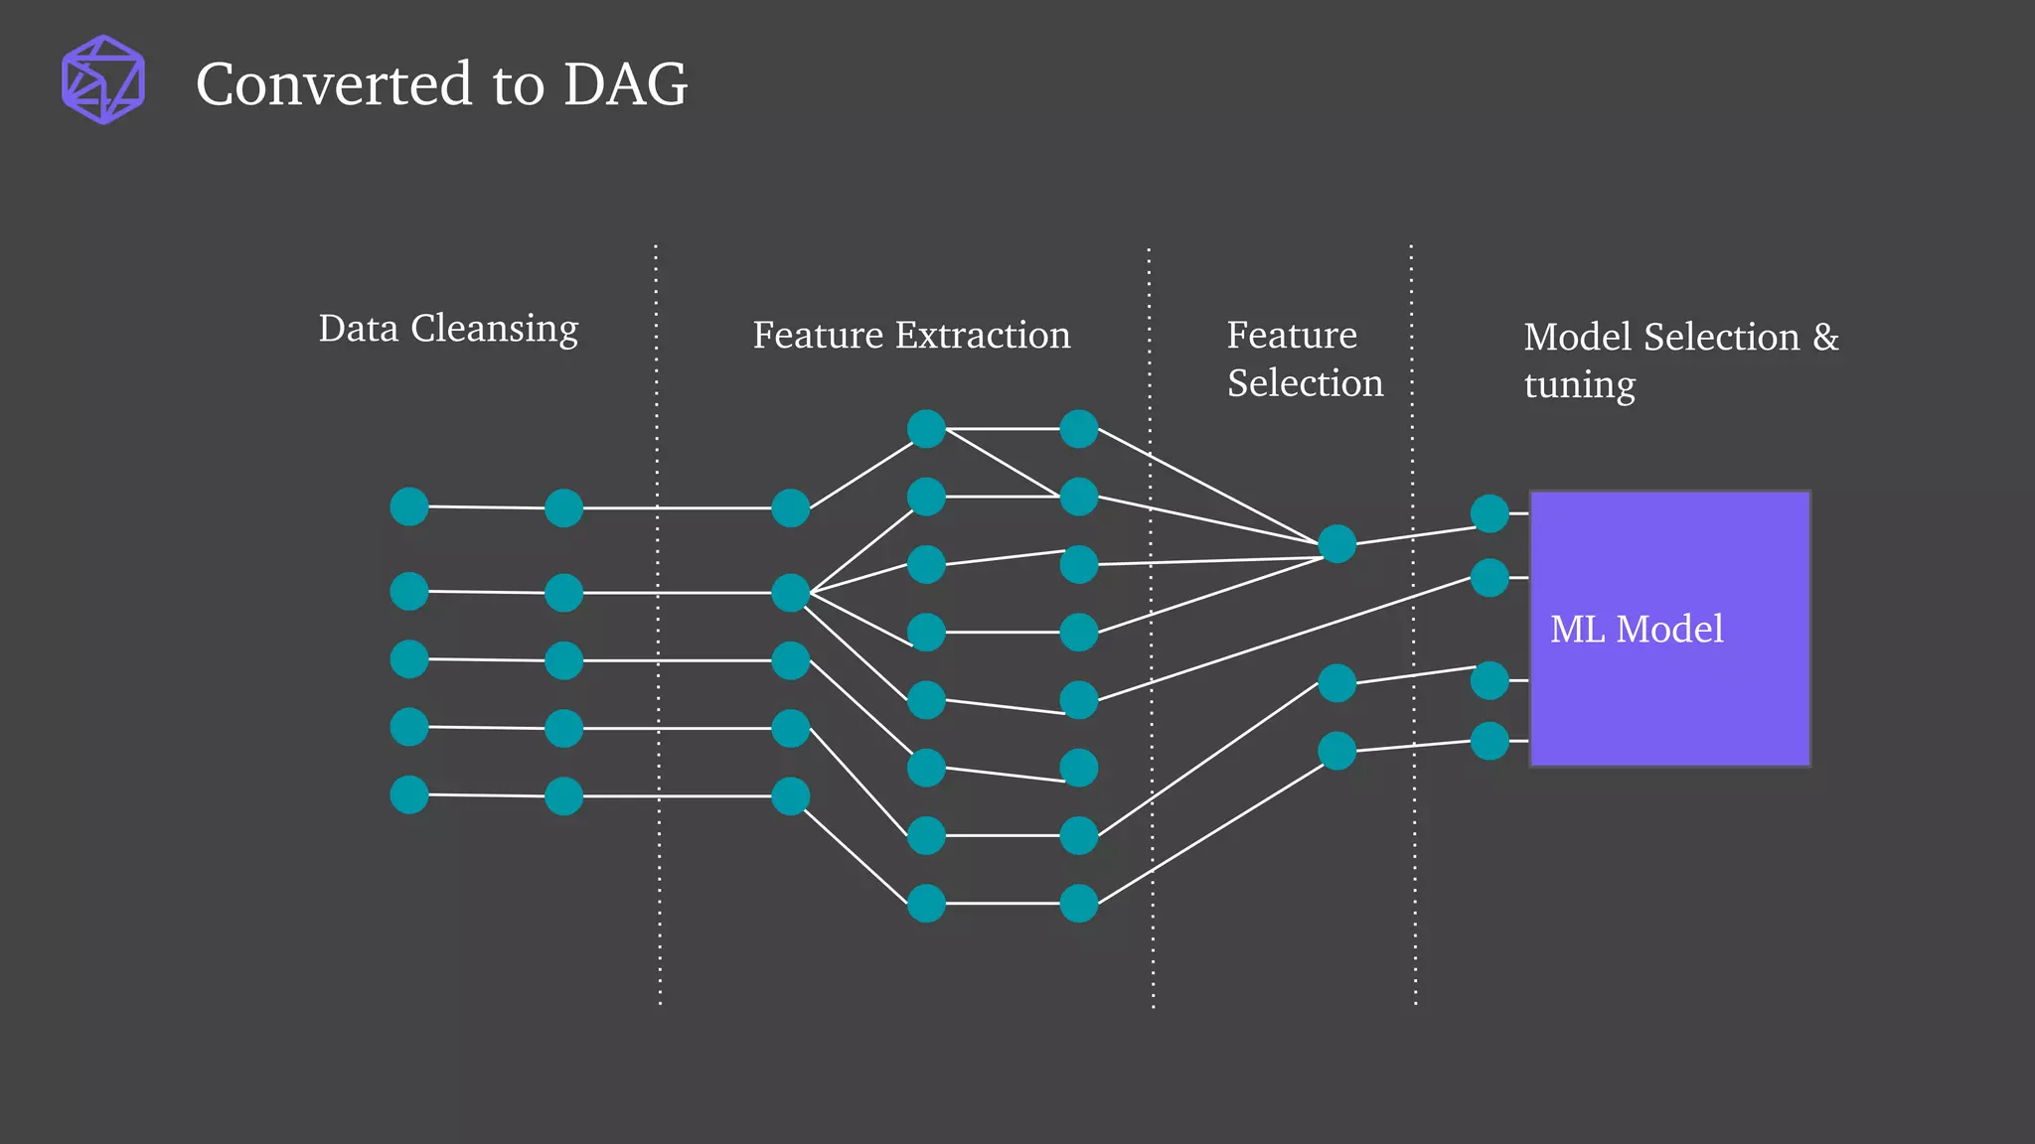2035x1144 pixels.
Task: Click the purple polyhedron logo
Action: [x=103, y=79]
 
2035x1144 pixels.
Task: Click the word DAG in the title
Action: [x=625, y=84]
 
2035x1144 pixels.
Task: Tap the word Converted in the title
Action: [x=334, y=84]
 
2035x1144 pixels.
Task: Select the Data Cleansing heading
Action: [x=448, y=329]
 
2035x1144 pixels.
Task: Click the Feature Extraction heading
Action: [x=911, y=336]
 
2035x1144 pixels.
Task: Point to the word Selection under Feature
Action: [x=1305, y=383]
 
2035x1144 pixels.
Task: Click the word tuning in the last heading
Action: [x=1579, y=385]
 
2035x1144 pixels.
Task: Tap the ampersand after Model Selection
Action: [x=1825, y=338]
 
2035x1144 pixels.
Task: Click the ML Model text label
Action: [x=1637, y=630]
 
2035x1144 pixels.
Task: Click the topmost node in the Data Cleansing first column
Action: [x=409, y=506]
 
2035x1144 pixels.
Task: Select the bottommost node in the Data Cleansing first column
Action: [x=409, y=794]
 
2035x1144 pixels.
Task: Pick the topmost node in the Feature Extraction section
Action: [x=926, y=429]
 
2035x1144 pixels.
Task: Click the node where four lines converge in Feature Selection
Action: [x=1336, y=544]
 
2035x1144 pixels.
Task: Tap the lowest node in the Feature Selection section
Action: [x=1336, y=751]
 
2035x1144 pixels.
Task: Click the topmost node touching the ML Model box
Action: [x=1489, y=513]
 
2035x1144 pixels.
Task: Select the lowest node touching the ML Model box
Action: [x=1489, y=741]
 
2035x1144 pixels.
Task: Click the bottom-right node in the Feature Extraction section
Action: [x=1078, y=904]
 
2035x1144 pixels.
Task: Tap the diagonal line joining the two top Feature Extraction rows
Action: [x=1002, y=463]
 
